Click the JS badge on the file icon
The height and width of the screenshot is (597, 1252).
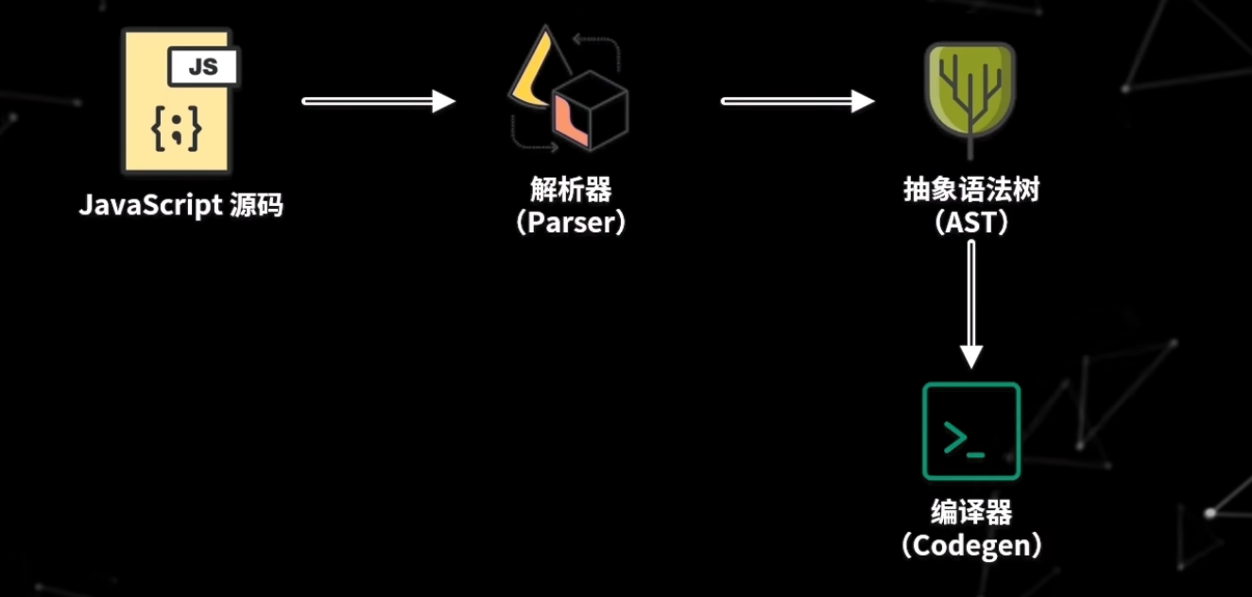203,67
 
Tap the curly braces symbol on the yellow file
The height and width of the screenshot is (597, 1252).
177,129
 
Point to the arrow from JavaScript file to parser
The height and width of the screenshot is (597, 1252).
378,101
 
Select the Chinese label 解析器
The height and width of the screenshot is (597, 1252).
571,190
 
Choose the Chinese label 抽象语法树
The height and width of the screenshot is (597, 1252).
970,190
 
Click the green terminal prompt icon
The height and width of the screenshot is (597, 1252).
971,431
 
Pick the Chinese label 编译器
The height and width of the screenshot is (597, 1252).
971,512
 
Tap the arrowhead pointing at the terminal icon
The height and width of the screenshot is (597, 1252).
971,355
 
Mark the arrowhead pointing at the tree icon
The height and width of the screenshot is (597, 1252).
863,101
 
